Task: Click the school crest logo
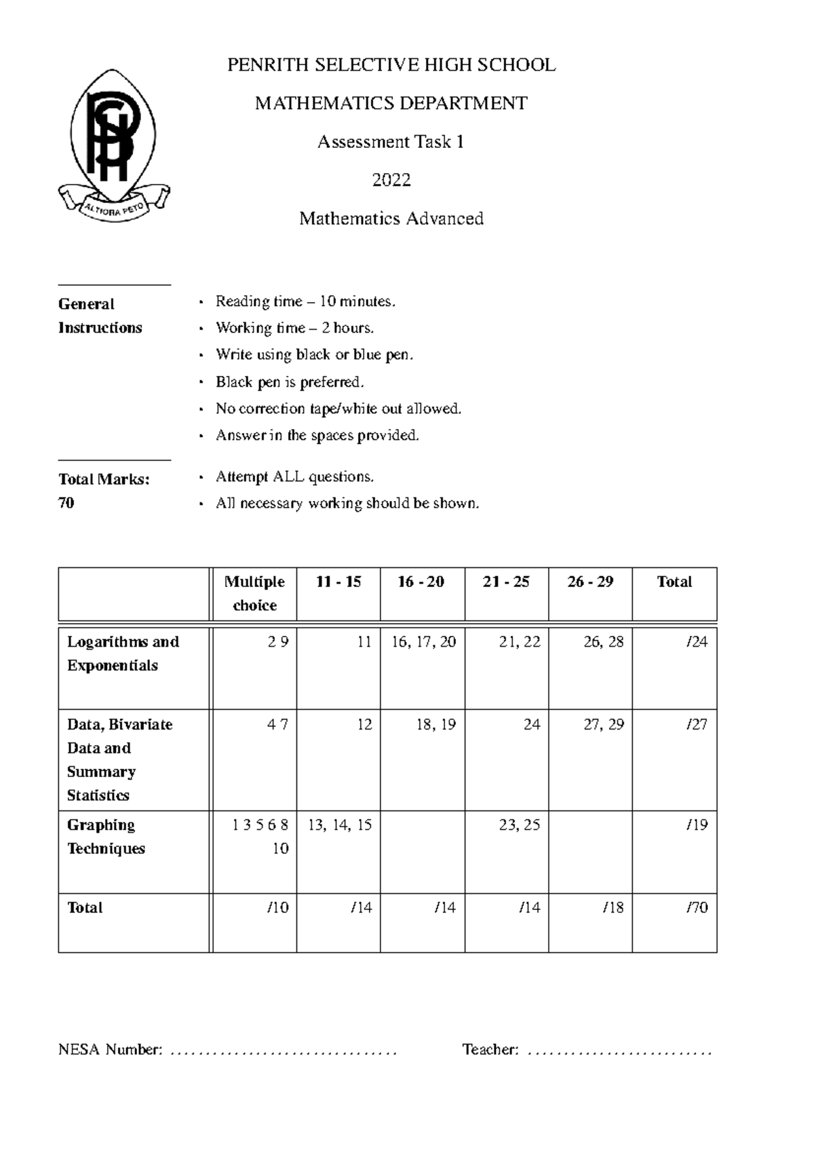pos(114,145)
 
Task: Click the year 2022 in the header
pos(391,181)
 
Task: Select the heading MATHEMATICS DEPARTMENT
pos(391,104)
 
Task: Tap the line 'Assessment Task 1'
pos(391,143)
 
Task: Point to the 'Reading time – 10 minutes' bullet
pos(305,301)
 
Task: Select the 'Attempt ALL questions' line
pos(294,477)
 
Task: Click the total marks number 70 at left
pos(66,503)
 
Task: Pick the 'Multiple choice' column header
pos(254,593)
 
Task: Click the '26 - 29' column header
pos(590,582)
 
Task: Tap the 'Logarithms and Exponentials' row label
pos(123,654)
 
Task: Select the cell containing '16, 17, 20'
pos(423,642)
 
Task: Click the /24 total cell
pos(697,642)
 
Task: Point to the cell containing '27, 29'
pos(603,725)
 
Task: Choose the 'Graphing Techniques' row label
pos(106,837)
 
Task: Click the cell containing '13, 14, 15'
pos(339,825)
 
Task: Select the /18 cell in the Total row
pos(613,908)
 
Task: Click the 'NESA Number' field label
pos(110,1050)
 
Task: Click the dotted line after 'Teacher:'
pos(619,1053)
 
